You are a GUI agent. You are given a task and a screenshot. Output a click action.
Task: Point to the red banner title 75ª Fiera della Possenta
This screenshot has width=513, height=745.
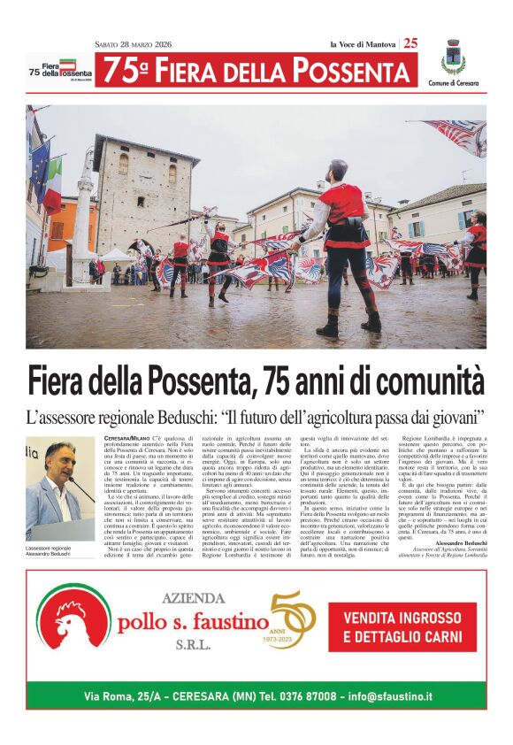pyautogui.click(x=256, y=70)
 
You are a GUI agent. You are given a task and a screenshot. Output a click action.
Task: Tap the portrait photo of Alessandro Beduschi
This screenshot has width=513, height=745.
pyautogui.click(x=60, y=490)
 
